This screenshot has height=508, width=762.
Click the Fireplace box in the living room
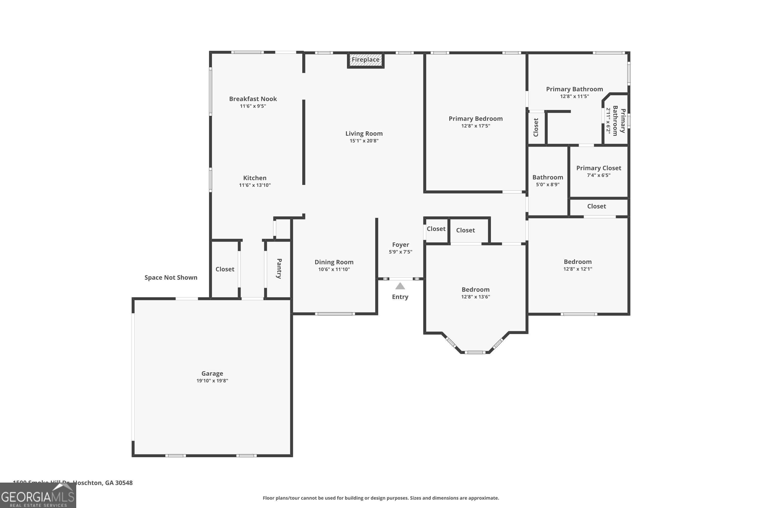tap(366, 60)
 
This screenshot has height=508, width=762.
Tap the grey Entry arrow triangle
tap(400, 286)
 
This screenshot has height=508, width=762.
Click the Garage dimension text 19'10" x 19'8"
tap(212, 381)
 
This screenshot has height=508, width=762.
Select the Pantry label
tap(279, 268)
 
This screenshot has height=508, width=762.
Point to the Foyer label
tap(401, 245)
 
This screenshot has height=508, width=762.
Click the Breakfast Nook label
tap(253, 99)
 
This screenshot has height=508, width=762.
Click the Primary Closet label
tap(598, 168)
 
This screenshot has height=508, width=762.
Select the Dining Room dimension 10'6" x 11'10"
tap(334, 269)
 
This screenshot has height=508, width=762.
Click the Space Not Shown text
tap(171, 277)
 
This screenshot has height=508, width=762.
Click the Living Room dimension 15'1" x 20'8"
tap(364, 141)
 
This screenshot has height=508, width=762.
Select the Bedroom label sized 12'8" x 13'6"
tap(475, 290)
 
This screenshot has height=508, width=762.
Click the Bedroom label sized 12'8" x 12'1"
tap(577, 262)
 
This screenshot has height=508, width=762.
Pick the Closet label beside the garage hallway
tap(225, 269)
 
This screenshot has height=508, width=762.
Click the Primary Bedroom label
tap(475, 119)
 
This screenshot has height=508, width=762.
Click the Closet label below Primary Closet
tap(596, 206)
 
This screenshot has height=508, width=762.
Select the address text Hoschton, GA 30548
tap(102, 483)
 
